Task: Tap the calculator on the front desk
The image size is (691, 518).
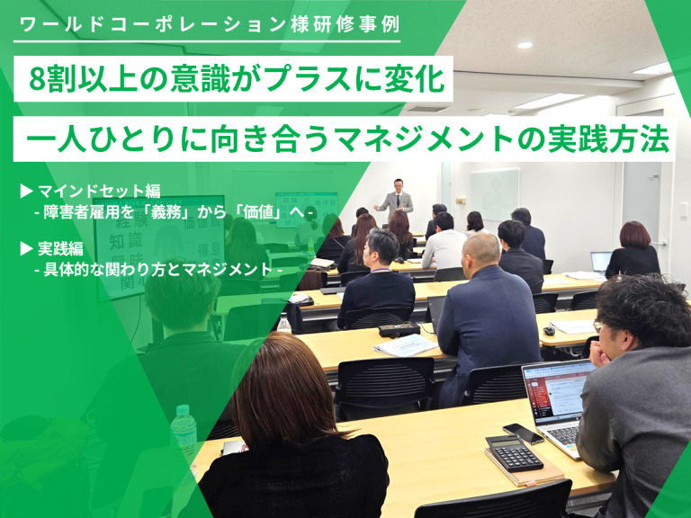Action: pos(515,453)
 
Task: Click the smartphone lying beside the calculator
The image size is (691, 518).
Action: pos(523,433)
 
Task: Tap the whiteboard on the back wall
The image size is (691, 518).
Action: pos(494,193)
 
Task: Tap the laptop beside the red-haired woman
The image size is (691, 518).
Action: pos(601,261)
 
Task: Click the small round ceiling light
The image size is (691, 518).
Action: pos(525,45)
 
